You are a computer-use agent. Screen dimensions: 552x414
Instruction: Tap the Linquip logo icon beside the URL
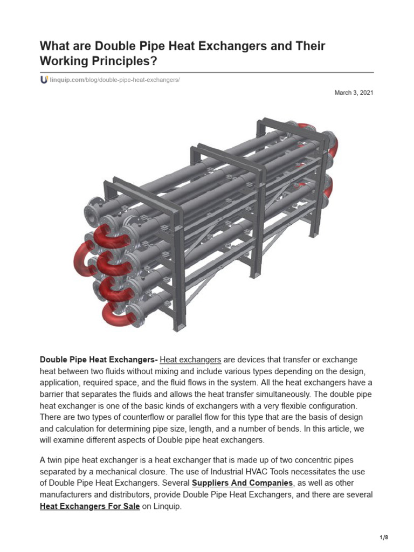44,80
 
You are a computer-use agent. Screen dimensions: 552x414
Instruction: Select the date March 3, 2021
354,93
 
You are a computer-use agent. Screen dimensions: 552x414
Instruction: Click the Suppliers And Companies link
243,482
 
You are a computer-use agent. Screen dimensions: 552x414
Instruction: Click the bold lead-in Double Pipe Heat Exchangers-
99,360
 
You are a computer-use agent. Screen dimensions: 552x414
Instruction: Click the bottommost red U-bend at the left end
114,312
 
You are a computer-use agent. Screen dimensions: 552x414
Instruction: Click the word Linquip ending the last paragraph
169,507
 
